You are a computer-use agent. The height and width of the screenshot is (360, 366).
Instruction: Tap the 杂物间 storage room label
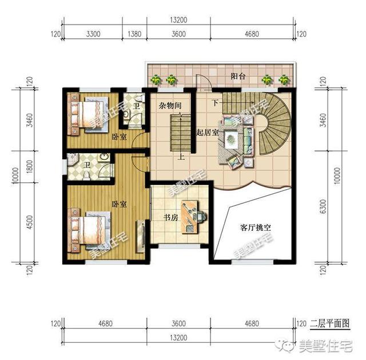pyautogui.click(x=170, y=106)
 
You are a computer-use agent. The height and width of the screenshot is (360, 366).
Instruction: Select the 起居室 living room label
pyautogui.click(x=208, y=132)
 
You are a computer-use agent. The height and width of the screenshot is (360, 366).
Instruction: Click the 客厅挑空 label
pyautogui.click(x=256, y=227)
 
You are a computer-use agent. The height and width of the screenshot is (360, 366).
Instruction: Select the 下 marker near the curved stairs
pyautogui.click(x=216, y=103)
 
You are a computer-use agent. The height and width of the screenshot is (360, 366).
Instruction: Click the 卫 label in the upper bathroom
pyautogui.click(x=136, y=106)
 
